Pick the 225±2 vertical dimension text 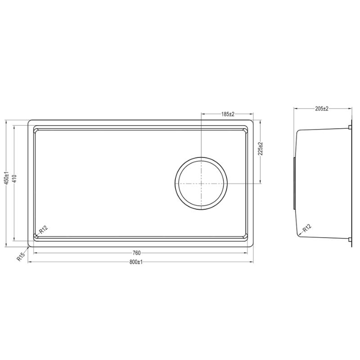point(261,149)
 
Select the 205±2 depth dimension point(322,108)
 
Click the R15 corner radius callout point(20,258)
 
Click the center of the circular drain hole point(201,184)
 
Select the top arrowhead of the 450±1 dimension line point(7,121)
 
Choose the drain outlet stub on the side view point(294,184)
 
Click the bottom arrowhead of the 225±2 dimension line point(261,182)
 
